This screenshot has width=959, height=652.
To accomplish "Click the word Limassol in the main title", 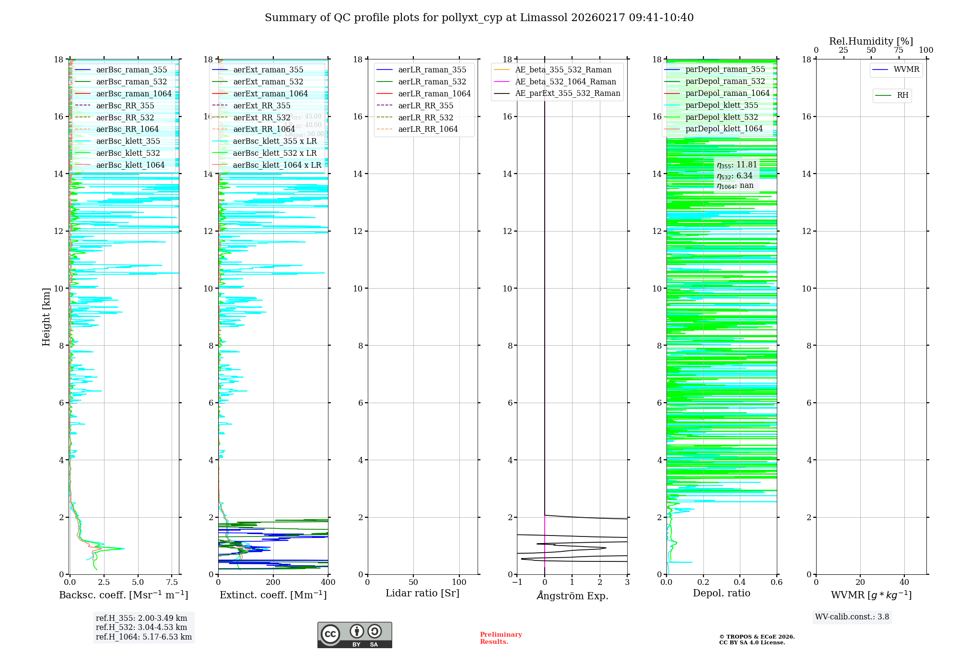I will (544, 18).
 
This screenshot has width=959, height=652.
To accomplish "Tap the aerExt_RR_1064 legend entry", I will (264, 129).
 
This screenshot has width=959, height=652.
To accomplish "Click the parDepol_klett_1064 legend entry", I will (724, 128).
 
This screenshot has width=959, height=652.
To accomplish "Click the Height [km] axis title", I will (46, 316).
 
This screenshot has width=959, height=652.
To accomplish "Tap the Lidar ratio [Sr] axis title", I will (422, 593).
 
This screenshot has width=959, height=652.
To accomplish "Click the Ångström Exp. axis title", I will (572, 596).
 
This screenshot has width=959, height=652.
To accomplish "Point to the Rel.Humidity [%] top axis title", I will (871, 41).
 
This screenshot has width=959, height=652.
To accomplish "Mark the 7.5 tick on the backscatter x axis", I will (172, 582).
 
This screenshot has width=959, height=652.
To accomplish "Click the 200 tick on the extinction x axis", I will (273, 582).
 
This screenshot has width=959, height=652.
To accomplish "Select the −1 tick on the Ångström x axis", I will (517, 582).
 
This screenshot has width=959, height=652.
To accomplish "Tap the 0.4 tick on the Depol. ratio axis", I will (740, 582).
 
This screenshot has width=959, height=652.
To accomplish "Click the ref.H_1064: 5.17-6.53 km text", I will (143, 637).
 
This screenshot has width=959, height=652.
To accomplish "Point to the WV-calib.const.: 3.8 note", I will (852, 617).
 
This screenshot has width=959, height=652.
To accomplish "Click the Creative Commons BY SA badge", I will (354, 635).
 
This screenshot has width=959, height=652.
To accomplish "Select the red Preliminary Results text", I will (501, 638).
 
